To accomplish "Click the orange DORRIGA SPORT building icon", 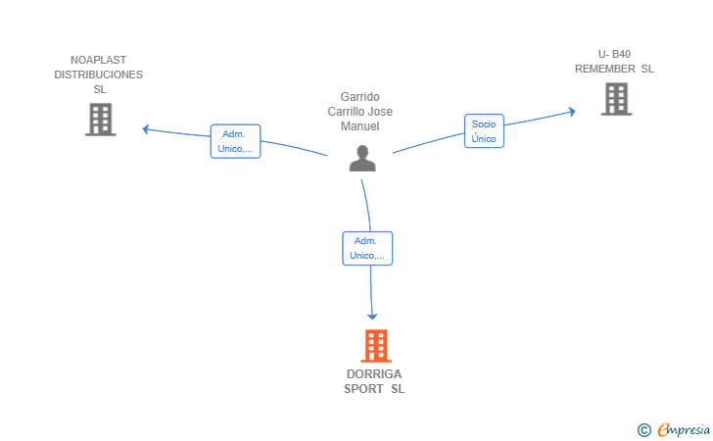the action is click(376, 346).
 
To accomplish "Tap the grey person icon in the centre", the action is click(362, 159).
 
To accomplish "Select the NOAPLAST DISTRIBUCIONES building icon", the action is click(101, 120).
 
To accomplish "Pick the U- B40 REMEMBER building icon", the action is click(617, 99).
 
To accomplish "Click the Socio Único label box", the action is click(484, 131).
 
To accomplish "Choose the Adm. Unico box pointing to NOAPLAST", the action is click(235, 141).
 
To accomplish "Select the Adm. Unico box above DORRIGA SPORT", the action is click(367, 249).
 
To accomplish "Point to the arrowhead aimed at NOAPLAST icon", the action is click(146, 129).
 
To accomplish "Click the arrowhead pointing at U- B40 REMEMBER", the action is click(572, 112).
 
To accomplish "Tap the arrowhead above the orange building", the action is click(372, 317).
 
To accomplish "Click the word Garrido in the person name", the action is click(360, 97).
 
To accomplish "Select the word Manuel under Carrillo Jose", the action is click(360, 126).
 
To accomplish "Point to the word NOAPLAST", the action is click(98, 60).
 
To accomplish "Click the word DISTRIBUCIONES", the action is click(98, 74).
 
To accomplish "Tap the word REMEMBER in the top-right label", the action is click(605, 69).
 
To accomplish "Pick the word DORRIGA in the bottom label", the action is click(374, 374).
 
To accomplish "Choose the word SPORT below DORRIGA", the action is click(363, 389).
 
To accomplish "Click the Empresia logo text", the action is click(684, 429).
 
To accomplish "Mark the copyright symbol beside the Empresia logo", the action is click(644, 430).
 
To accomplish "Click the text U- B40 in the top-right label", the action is click(614, 54).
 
